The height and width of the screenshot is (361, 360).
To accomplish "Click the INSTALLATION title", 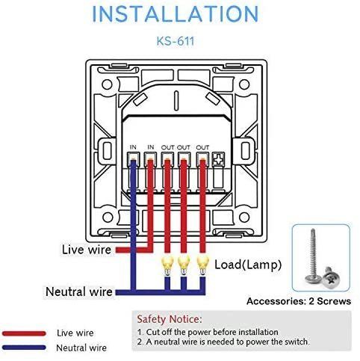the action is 176,13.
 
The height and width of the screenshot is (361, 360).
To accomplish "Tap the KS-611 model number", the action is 176,41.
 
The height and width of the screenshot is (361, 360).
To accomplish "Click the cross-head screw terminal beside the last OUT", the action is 218,159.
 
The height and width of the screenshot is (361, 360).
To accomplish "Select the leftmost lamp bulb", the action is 167,265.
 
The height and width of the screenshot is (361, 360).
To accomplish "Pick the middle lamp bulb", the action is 184,265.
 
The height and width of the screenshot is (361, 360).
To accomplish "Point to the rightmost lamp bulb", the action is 203,265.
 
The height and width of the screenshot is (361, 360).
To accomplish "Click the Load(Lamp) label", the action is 248,265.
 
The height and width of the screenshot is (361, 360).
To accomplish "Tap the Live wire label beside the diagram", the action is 87,250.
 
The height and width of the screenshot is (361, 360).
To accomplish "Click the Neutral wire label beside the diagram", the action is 79,291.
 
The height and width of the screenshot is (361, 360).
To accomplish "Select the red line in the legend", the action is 24,333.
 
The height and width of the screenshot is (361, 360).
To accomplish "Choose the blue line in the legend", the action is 24,348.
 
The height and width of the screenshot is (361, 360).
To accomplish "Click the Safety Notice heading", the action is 170,319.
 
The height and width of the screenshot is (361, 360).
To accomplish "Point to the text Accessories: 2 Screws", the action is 299,301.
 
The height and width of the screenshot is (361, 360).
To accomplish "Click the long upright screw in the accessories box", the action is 312,256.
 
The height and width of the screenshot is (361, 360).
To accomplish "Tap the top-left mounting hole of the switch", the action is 107,84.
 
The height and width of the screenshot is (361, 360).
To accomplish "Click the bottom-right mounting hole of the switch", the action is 244,217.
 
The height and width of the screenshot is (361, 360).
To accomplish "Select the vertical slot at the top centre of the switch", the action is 176,101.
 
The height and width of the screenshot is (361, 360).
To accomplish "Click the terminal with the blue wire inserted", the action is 133,159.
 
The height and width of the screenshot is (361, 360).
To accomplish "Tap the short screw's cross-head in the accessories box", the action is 330,279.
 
